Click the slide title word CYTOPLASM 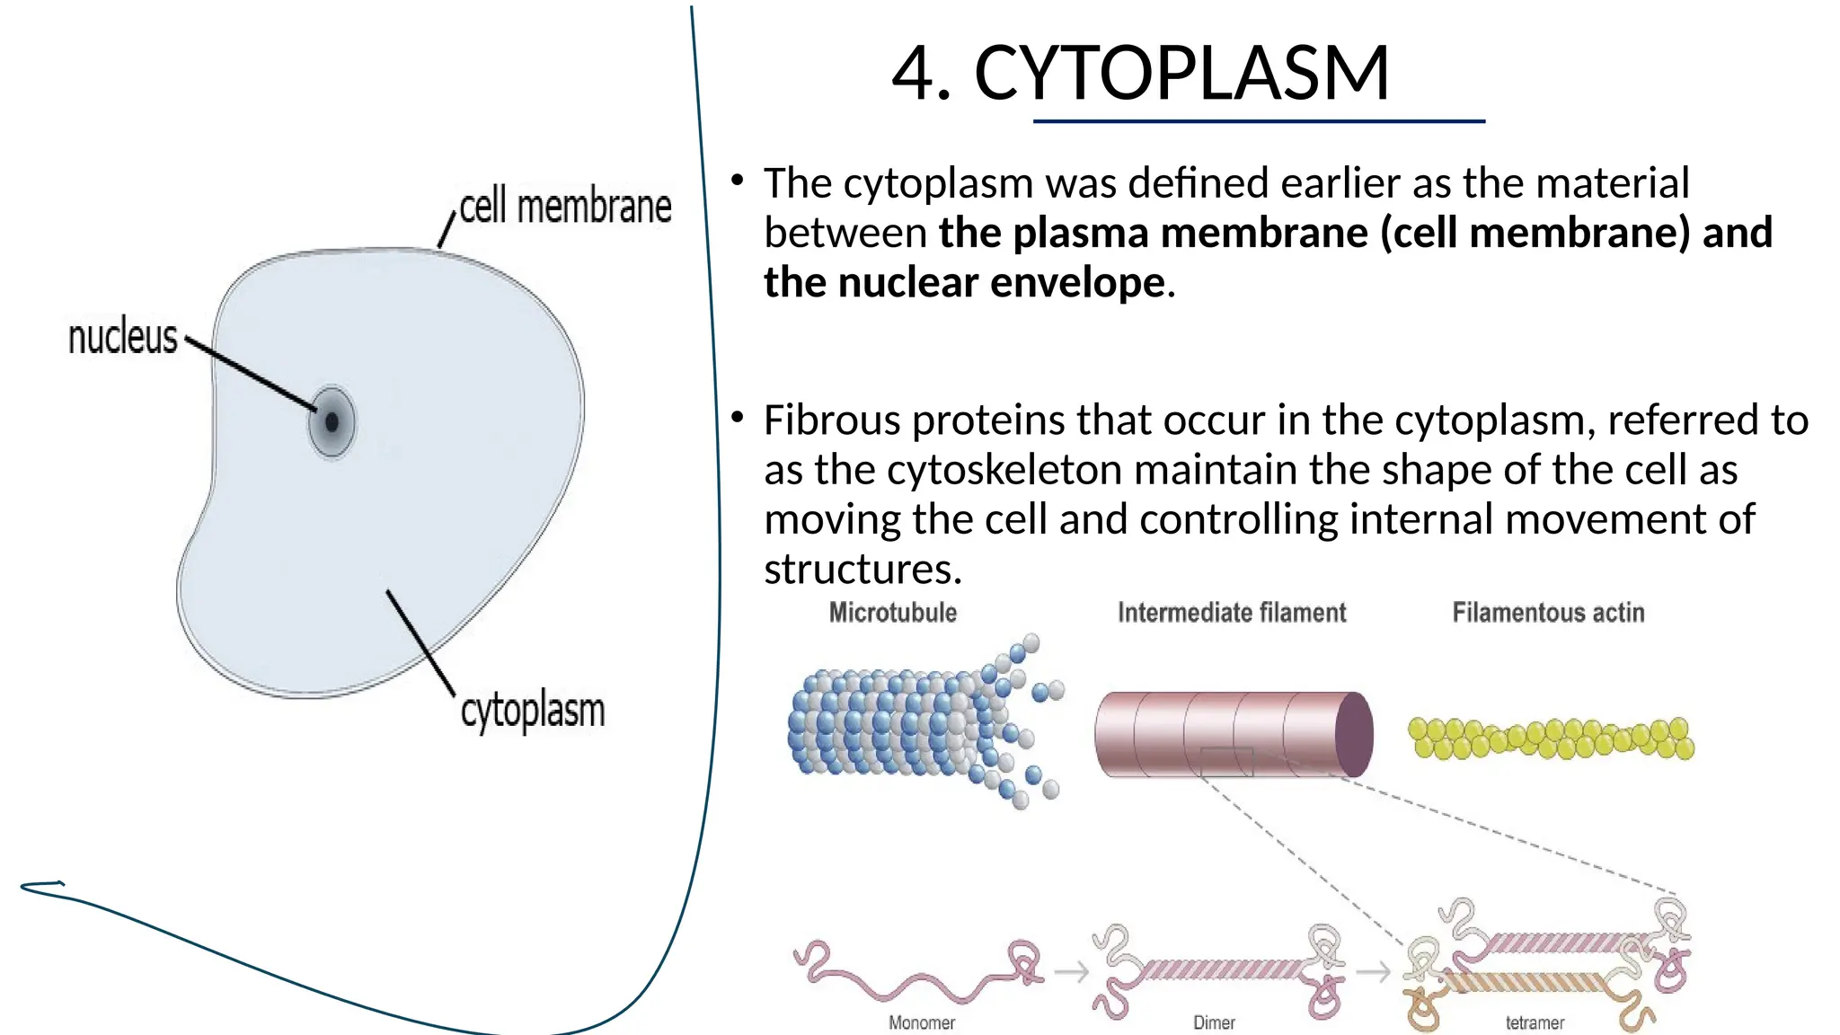point(1181,74)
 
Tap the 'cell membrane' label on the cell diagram point(565,207)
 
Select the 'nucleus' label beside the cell point(123,338)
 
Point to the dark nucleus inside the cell point(332,421)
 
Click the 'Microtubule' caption point(892,613)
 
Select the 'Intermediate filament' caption point(1232,613)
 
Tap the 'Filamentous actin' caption point(1548,613)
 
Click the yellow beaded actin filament point(1551,739)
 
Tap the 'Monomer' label point(921,1022)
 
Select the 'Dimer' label point(1214,1022)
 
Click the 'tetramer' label point(1535,1022)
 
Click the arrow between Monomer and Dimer point(1071,971)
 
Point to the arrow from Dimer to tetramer point(1373,971)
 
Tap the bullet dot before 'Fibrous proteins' point(738,417)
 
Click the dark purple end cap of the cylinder point(1354,734)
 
